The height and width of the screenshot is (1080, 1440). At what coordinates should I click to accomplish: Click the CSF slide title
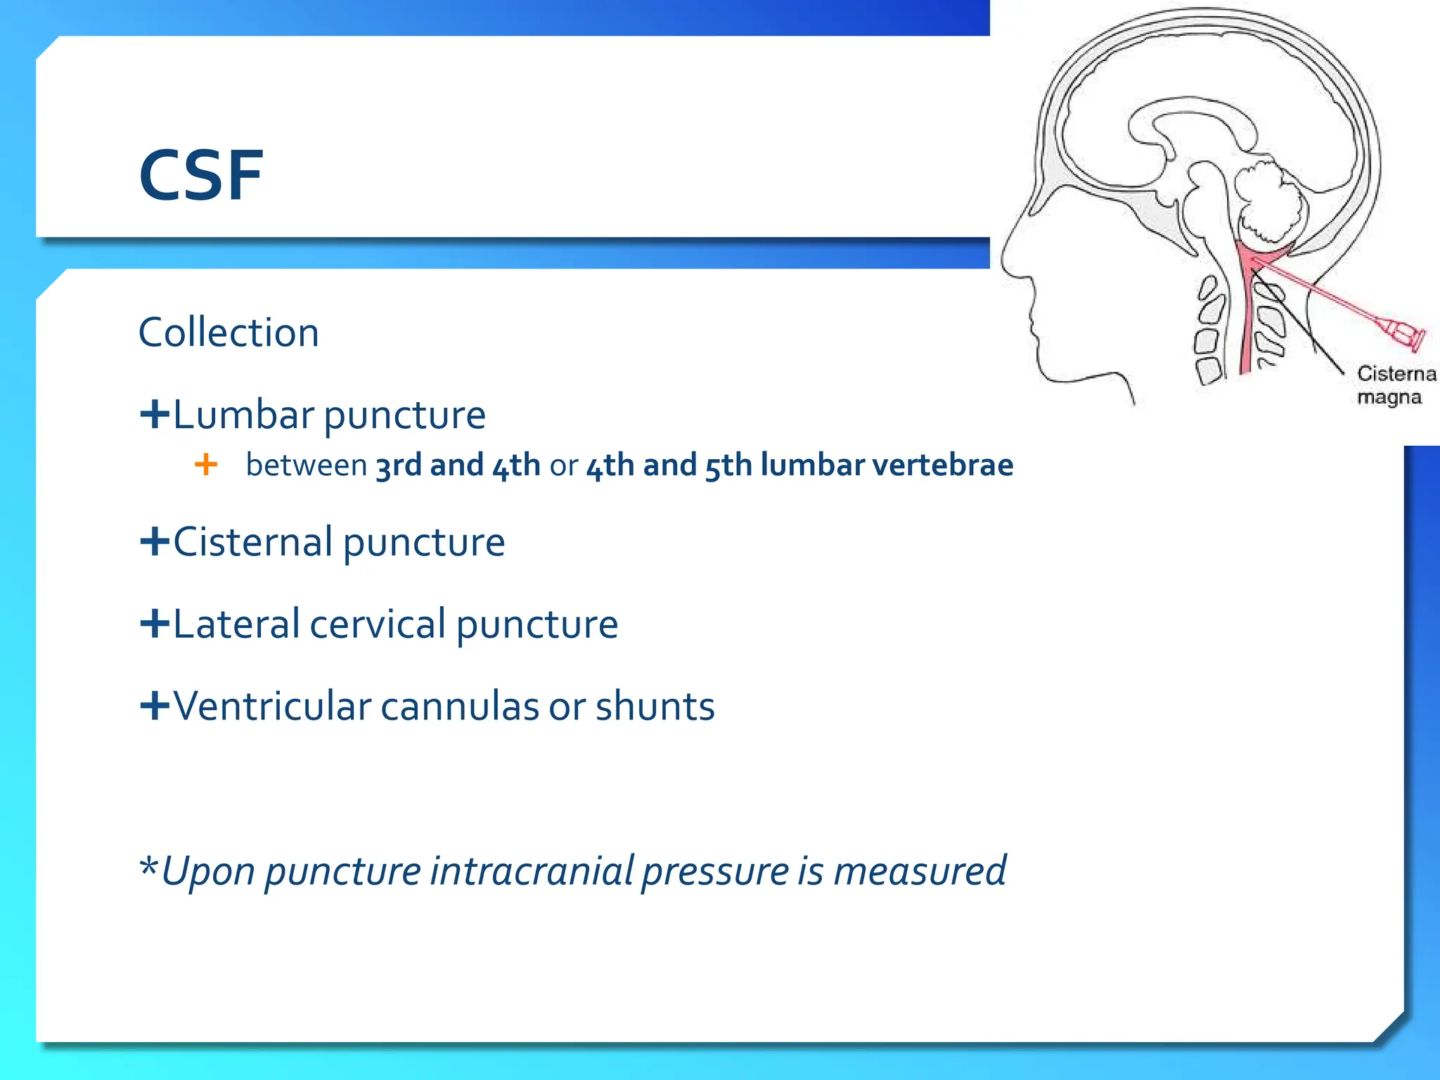pyautogui.click(x=201, y=175)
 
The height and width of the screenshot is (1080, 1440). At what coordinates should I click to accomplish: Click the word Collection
pyautogui.click(x=229, y=333)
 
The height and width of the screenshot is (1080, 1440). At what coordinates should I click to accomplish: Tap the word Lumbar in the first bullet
pyautogui.click(x=243, y=415)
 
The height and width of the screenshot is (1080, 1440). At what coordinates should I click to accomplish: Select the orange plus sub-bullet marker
pyautogui.click(x=205, y=465)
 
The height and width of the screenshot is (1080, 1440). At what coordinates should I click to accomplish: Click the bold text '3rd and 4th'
pyautogui.click(x=458, y=465)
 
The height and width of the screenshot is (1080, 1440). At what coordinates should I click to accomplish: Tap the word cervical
pyautogui.click(x=378, y=624)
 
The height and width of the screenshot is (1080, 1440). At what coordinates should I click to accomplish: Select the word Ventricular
pyautogui.click(x=271, y=707)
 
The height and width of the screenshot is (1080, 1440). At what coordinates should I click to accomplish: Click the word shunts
pyautogui.click(x=655, y=707)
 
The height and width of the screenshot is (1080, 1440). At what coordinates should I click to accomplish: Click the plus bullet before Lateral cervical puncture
pyautogui.click(x=155, y=624)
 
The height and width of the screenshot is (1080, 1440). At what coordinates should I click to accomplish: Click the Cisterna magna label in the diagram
pyautogui.click(x=1395, y=385)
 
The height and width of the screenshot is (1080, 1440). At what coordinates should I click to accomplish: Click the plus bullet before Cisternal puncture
pyautogui.click(x=155, y=541)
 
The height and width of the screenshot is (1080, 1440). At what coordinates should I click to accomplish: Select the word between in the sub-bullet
pyautogui.click(x=307, y=465)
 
